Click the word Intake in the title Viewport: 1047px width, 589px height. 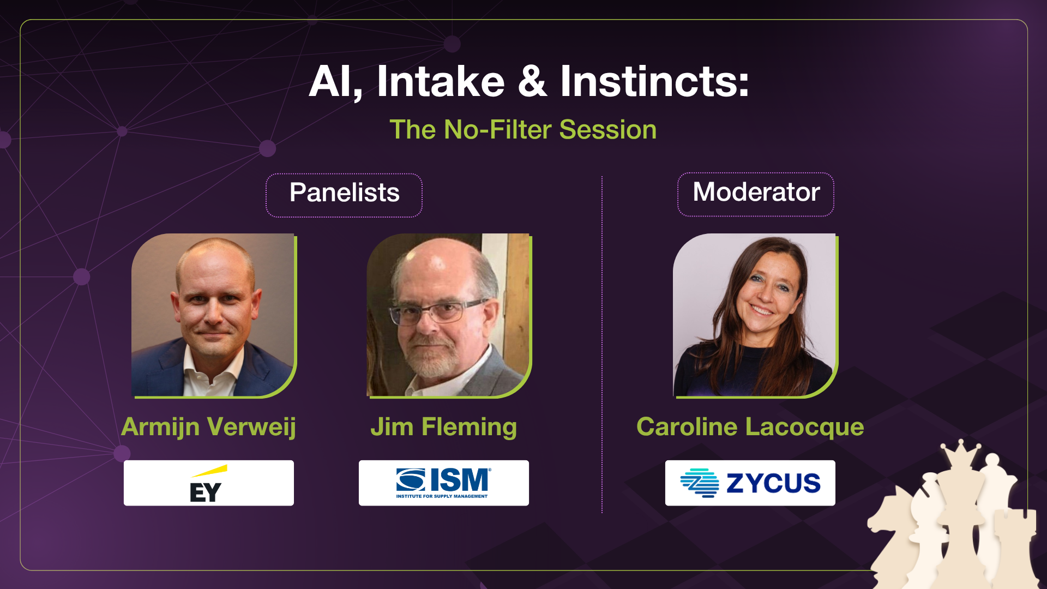441,82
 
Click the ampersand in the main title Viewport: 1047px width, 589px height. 532,82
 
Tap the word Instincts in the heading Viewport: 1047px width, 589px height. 654,82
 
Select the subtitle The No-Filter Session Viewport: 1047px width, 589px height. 523,130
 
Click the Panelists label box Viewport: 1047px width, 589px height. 344,195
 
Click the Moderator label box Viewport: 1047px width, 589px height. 756,194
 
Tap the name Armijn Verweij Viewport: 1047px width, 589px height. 208,426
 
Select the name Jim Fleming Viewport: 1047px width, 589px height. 443,426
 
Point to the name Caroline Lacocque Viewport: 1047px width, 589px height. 750,426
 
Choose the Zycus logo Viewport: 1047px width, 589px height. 750,483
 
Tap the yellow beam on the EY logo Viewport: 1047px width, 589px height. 210,471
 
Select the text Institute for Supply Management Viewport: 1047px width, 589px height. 442,496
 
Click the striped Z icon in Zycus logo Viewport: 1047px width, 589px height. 700,483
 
